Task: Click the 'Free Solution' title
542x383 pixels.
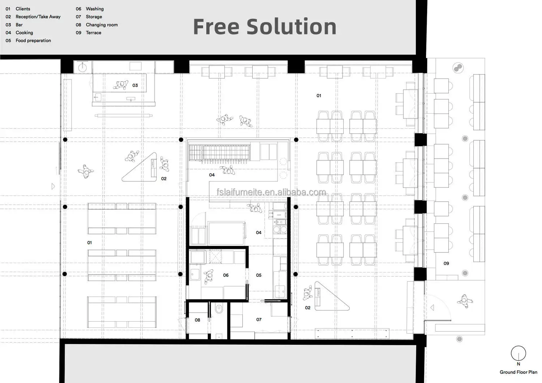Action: click(265, 26)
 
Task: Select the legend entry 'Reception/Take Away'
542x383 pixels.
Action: click(38, 17)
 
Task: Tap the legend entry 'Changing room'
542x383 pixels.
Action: click(102, 25)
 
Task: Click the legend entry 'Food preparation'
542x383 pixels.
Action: click(33, 40)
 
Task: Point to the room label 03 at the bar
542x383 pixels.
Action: click(135, 85)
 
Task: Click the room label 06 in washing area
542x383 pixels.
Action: click(226, 275)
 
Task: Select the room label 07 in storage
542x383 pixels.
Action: click(259, 319)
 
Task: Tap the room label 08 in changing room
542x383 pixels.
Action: click(197, 320)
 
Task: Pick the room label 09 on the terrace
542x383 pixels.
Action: click(446, 263)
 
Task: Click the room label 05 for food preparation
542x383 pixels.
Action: click(259, 275)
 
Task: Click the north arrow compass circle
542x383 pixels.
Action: click(518, 353)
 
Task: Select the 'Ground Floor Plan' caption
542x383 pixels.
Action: click(518, 372)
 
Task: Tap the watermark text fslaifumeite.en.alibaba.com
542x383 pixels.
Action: click(271, 192)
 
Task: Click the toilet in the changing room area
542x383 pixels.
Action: click(219, 309)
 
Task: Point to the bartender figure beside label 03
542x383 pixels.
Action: click(121, 85)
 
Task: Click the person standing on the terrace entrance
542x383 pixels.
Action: click(465, 301)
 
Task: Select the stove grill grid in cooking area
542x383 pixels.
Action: click(219, 152)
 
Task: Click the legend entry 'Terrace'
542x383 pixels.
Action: click(93, 33)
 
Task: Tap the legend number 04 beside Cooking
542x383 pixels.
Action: click(8, 33)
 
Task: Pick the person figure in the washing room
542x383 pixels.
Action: click(208, 276)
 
